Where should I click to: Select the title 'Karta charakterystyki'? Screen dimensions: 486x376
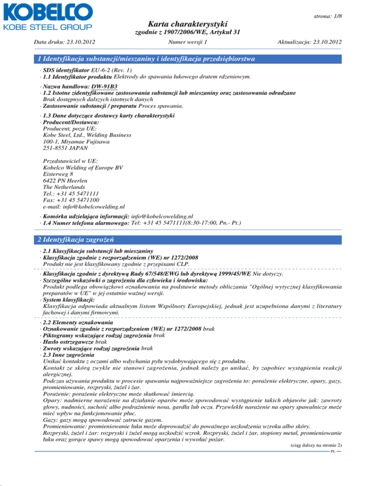coord(188,23)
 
